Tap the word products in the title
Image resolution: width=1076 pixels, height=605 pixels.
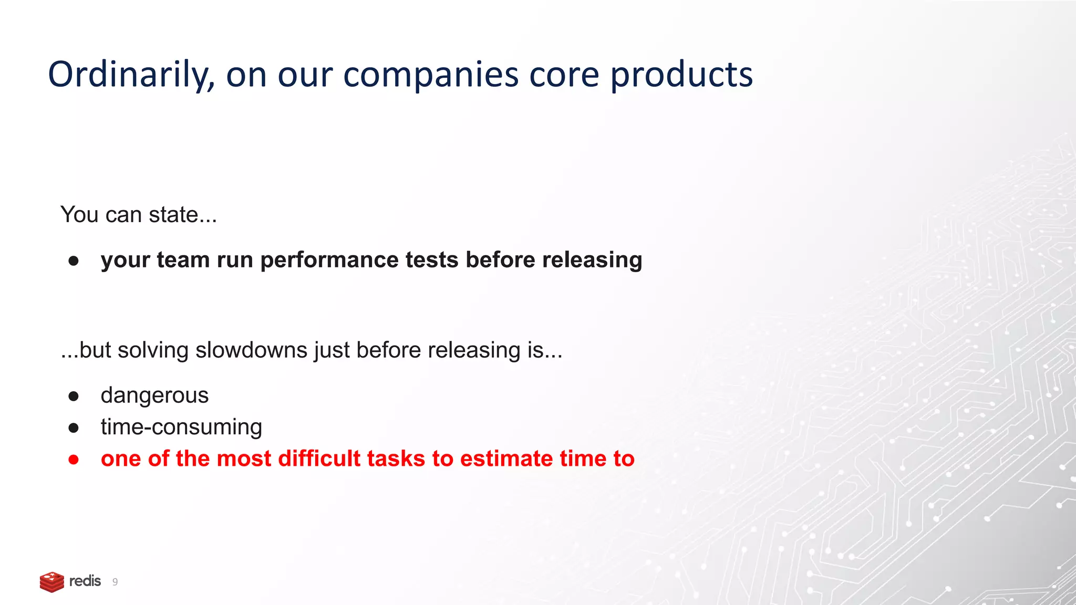click(681, 75)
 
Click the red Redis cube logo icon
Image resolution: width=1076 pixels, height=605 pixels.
click(51, 582)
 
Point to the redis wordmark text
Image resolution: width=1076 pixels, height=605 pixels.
click(85, 581)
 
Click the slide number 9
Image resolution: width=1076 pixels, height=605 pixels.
click(115, 582)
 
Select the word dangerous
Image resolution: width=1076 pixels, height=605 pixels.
click(154, 395)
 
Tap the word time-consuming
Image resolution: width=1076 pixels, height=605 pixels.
click(181, 427)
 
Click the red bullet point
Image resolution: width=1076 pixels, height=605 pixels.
click(74, 460)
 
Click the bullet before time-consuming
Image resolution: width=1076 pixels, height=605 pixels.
click(74, 428)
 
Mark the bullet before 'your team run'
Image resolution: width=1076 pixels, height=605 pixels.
click(74, 261)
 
